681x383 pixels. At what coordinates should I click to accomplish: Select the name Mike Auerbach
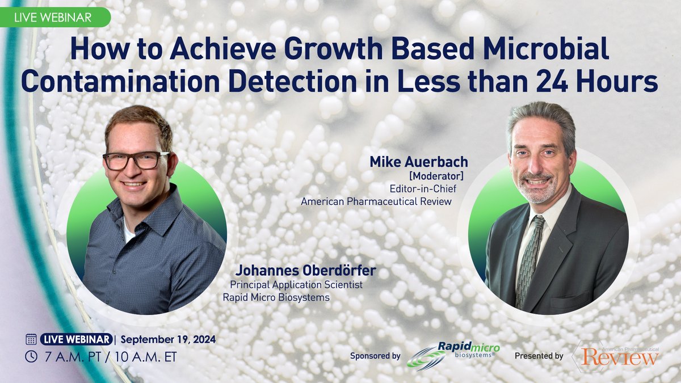point(419,163)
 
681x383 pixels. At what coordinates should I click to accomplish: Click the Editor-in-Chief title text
point(421,189)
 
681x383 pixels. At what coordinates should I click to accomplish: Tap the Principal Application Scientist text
point(296,285)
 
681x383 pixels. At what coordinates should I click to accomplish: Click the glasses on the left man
point(136,161)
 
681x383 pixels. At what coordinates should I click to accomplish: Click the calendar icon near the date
point(31,339)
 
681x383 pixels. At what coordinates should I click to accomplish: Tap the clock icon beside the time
point(31,357)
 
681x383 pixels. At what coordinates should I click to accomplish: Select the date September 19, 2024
point(168,339)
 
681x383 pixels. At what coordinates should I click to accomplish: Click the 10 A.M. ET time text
point(150,357)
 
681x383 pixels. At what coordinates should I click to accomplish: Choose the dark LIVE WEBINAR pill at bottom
point(75,339)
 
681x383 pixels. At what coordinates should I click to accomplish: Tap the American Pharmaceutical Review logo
point(616,356)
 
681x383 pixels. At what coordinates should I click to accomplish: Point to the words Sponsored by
point(375,356)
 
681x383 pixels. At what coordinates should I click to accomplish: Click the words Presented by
point(539,356)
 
